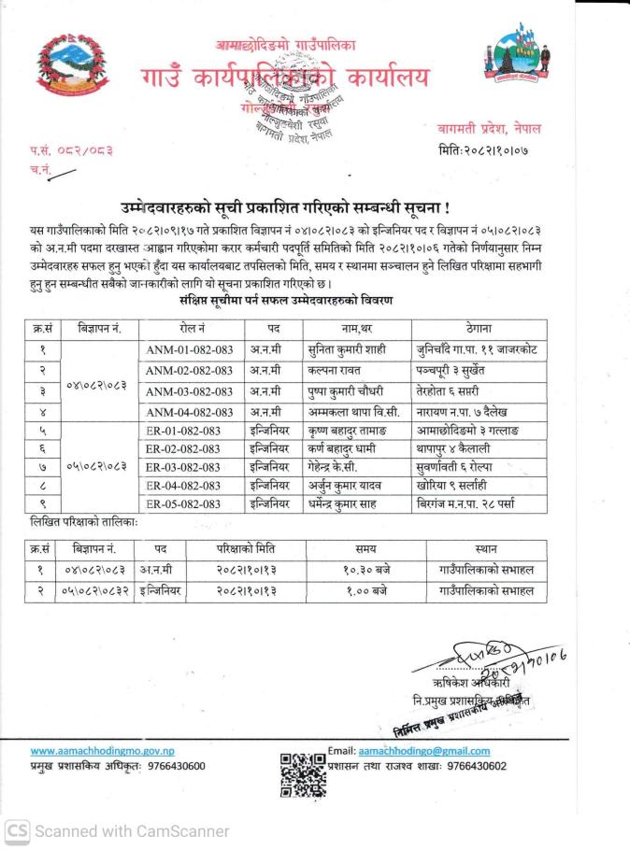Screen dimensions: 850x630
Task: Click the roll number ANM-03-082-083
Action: [190, 391]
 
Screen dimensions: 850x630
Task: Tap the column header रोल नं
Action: [191, 329]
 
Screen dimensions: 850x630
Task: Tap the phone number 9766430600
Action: [177, 766]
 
